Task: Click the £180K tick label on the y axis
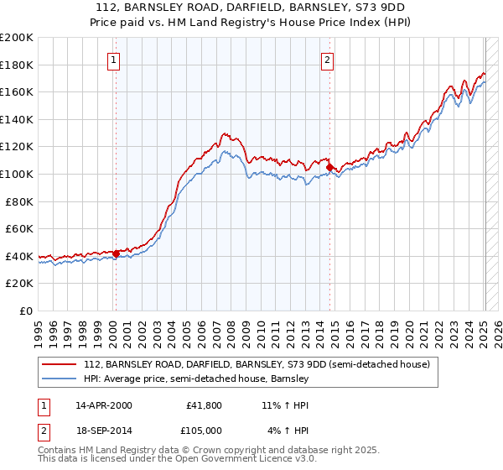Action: [17, 65]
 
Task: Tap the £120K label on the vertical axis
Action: [17, 147]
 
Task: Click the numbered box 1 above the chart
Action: [113, 60]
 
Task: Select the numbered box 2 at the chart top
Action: [326, 60]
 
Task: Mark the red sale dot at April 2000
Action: [117, 253]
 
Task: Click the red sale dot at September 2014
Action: [329, 167]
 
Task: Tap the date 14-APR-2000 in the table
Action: [103, 405]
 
